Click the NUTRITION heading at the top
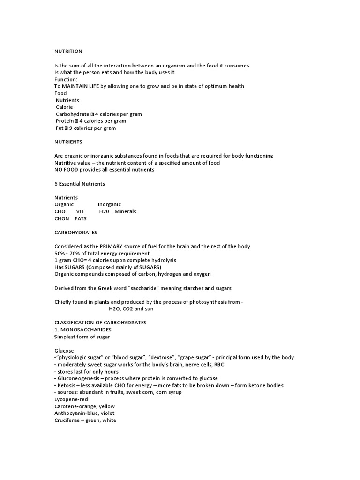[68, 52]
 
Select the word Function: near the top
[66, 80]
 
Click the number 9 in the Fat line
[71, 128]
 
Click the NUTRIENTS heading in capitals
[68, 142]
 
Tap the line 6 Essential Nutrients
[80, 183]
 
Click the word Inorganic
[109, 204]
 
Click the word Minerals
[125, 211]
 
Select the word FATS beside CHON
[81, 218]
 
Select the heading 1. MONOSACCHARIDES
[82, 330]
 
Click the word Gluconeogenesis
[79, 378]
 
